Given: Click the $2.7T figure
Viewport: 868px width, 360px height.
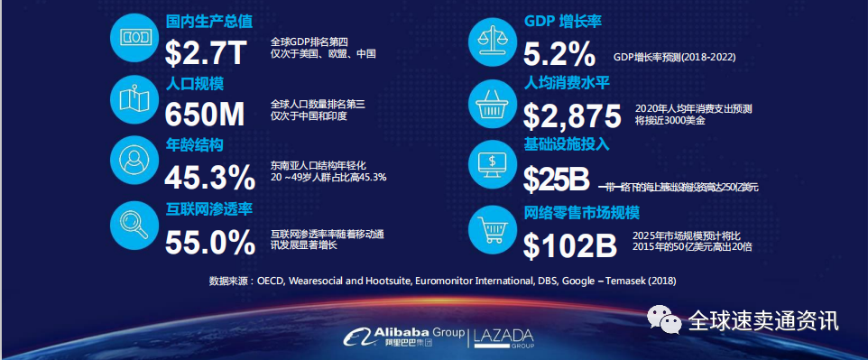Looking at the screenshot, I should click(x=205, y=52).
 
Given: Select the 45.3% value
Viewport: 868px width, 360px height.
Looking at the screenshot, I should click(x=210, y=177).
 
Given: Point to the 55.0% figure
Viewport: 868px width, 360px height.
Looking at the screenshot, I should click(x=210, y=242).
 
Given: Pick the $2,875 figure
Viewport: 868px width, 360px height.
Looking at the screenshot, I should click(x=572, y=115).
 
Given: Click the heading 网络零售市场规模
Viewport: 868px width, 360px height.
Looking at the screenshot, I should click(x=581, y=214).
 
